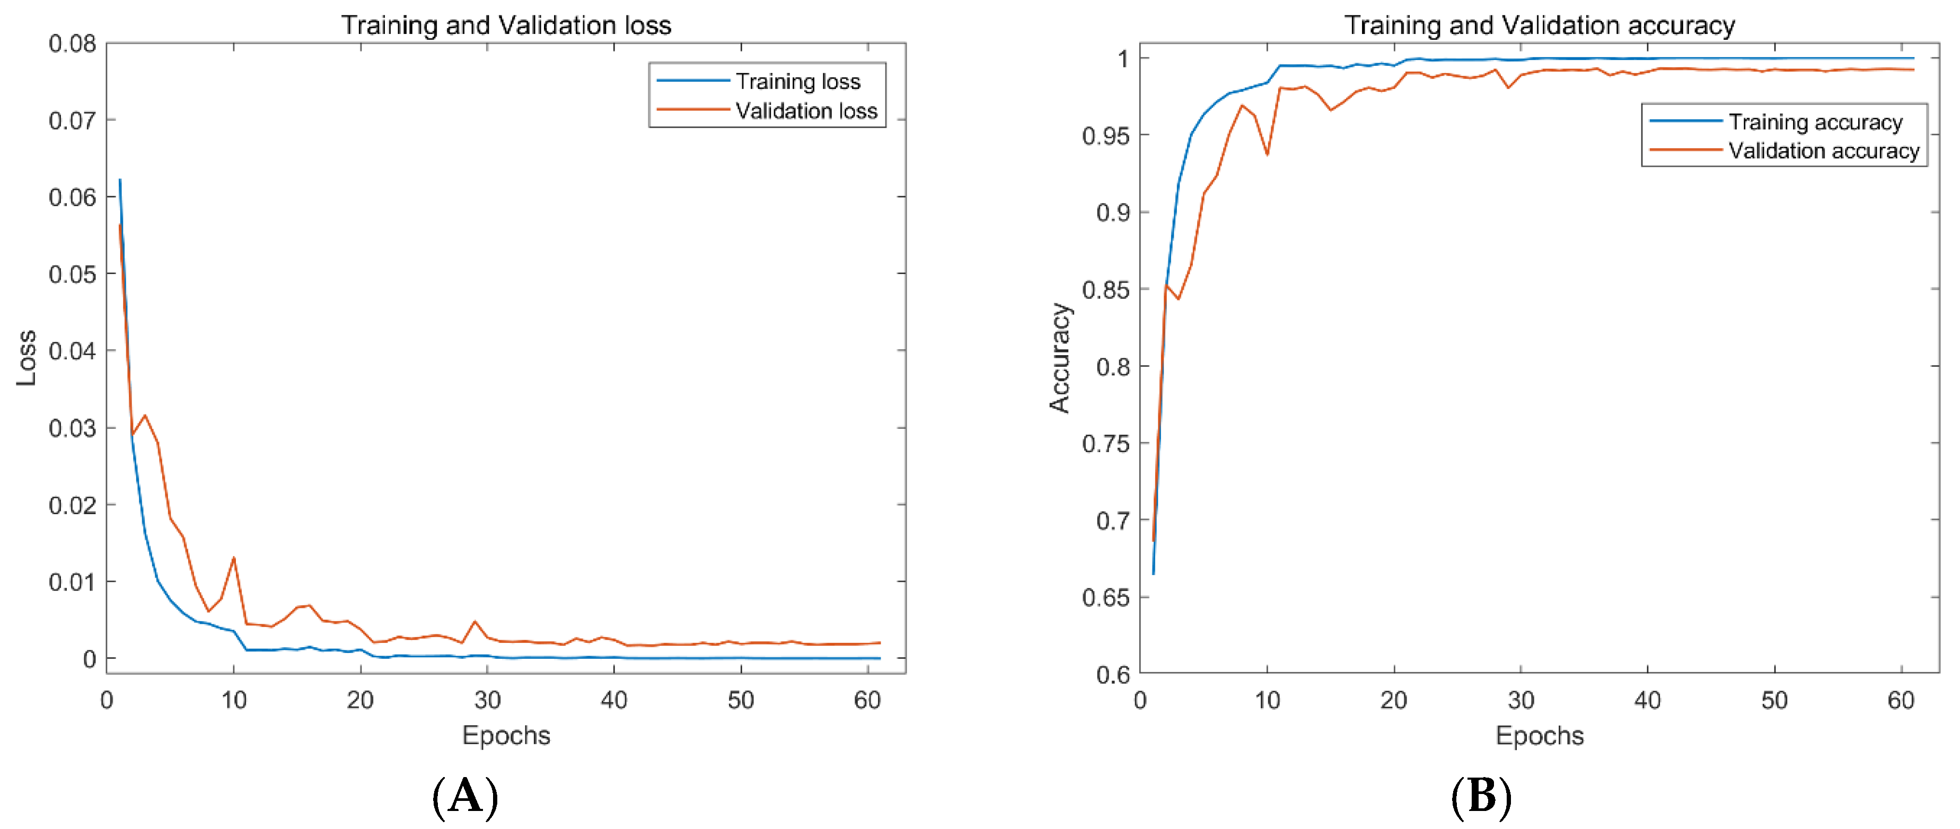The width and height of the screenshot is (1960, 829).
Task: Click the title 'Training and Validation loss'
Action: click(x=506, y=25)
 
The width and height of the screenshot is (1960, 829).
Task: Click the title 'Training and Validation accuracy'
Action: click(x=1539, y=25)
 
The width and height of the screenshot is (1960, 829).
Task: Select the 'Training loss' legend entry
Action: click(x=797, y=82)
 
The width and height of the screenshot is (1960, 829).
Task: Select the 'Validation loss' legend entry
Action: click(x=806, y=111)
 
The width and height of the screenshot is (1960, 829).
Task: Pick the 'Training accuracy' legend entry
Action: click(x=1815, y=122)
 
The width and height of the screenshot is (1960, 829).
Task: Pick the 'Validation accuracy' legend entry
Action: click(x=1823, y=151)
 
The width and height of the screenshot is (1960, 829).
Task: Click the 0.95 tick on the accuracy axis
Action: click(x=1105, y=136)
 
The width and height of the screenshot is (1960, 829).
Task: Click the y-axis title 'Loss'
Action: click(x=27, y=357)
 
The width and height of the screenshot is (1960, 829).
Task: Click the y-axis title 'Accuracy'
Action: click(x=1059, y=357)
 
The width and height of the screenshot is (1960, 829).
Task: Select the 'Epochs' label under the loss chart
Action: click(x=506, y=736)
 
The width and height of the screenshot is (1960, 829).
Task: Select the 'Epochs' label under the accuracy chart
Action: click(x=1539, y=736)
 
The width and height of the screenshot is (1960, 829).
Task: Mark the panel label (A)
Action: click(x=465, y=797)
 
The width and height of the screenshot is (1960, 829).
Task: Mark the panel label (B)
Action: click(x=1481, y=797)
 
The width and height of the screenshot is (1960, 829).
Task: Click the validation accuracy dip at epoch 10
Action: click(x=1267, y=154)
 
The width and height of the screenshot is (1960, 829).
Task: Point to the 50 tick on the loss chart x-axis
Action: click(x=740, y=700)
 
